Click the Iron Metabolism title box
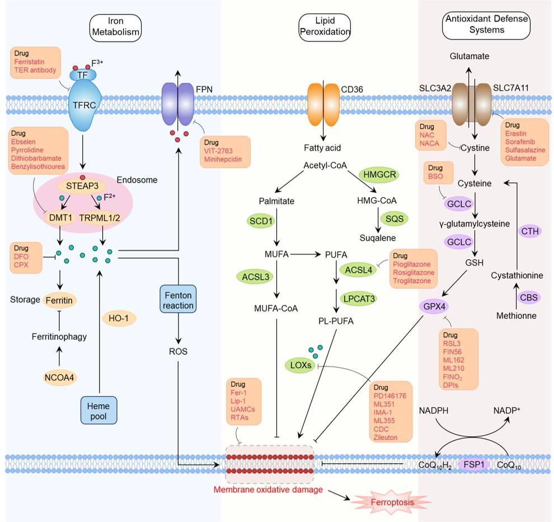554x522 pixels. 115,27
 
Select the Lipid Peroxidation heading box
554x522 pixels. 325,27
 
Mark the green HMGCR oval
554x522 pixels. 378,175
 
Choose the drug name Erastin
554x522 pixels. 517,133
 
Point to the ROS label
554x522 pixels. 177,352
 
